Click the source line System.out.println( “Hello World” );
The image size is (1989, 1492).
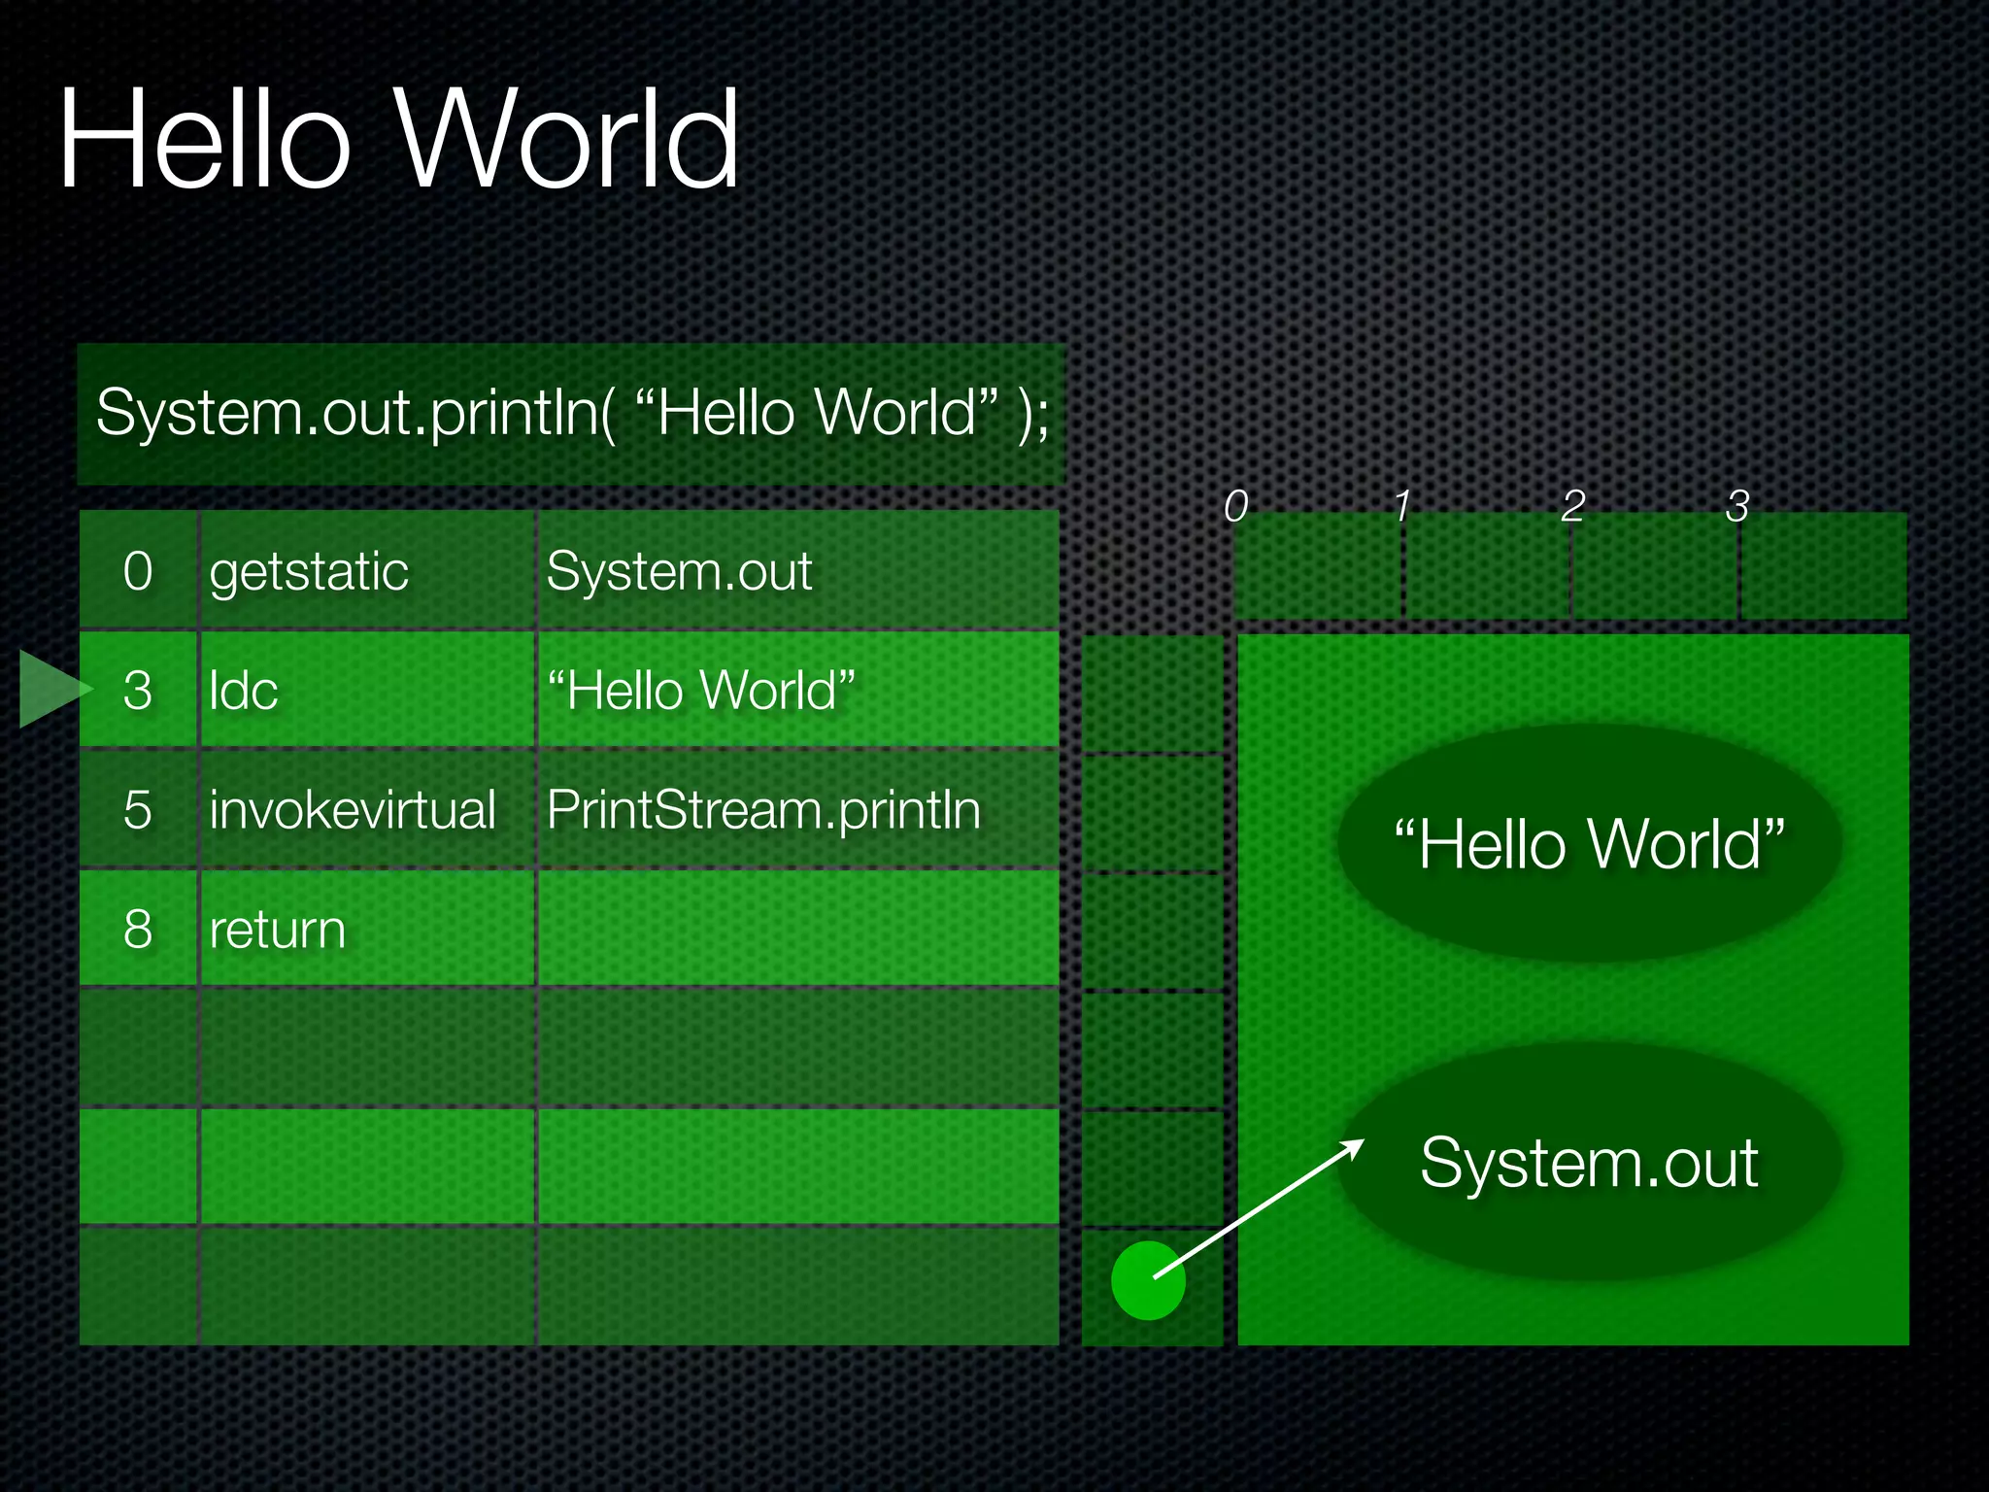pyautogui.click(x=571, y=413)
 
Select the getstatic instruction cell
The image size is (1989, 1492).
pyautogui.click(x=309, y=571)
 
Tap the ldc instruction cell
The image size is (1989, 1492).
pyautogui.click(x=244, y=691)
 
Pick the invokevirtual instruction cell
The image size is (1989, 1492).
pyautogui.click(x=352, y=810)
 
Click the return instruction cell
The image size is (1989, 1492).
pyautogui.click(x=277, y=930)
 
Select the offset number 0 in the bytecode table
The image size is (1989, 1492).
pyautogui.click(x=138, y=571)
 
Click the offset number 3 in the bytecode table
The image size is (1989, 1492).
pyautogui.click(x=138, y=691)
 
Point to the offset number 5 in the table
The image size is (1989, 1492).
pyautogui.click(x=138, y=810)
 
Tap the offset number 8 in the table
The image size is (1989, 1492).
pyautogui.click(x=138, y=930)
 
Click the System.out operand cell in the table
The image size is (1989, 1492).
pyautogui.click(x=679, y=571)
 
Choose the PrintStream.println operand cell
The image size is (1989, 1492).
pyautogui.click(x=763, y=810)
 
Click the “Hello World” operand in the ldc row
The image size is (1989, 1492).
pyautogui.click(x=701, y=691)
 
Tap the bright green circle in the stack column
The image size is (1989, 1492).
pyautogui.click(x=1148, y=1280)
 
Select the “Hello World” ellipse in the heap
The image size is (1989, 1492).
pyautogui.click(x=1589, y=843)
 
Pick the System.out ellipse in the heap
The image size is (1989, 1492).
pyautogui.click(x=1589, y=1162)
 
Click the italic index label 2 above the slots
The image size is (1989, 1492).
pyautogui.click(x=1573, y=506)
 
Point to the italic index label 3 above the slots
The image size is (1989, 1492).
pyautogui.click(x=1737, y=506)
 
